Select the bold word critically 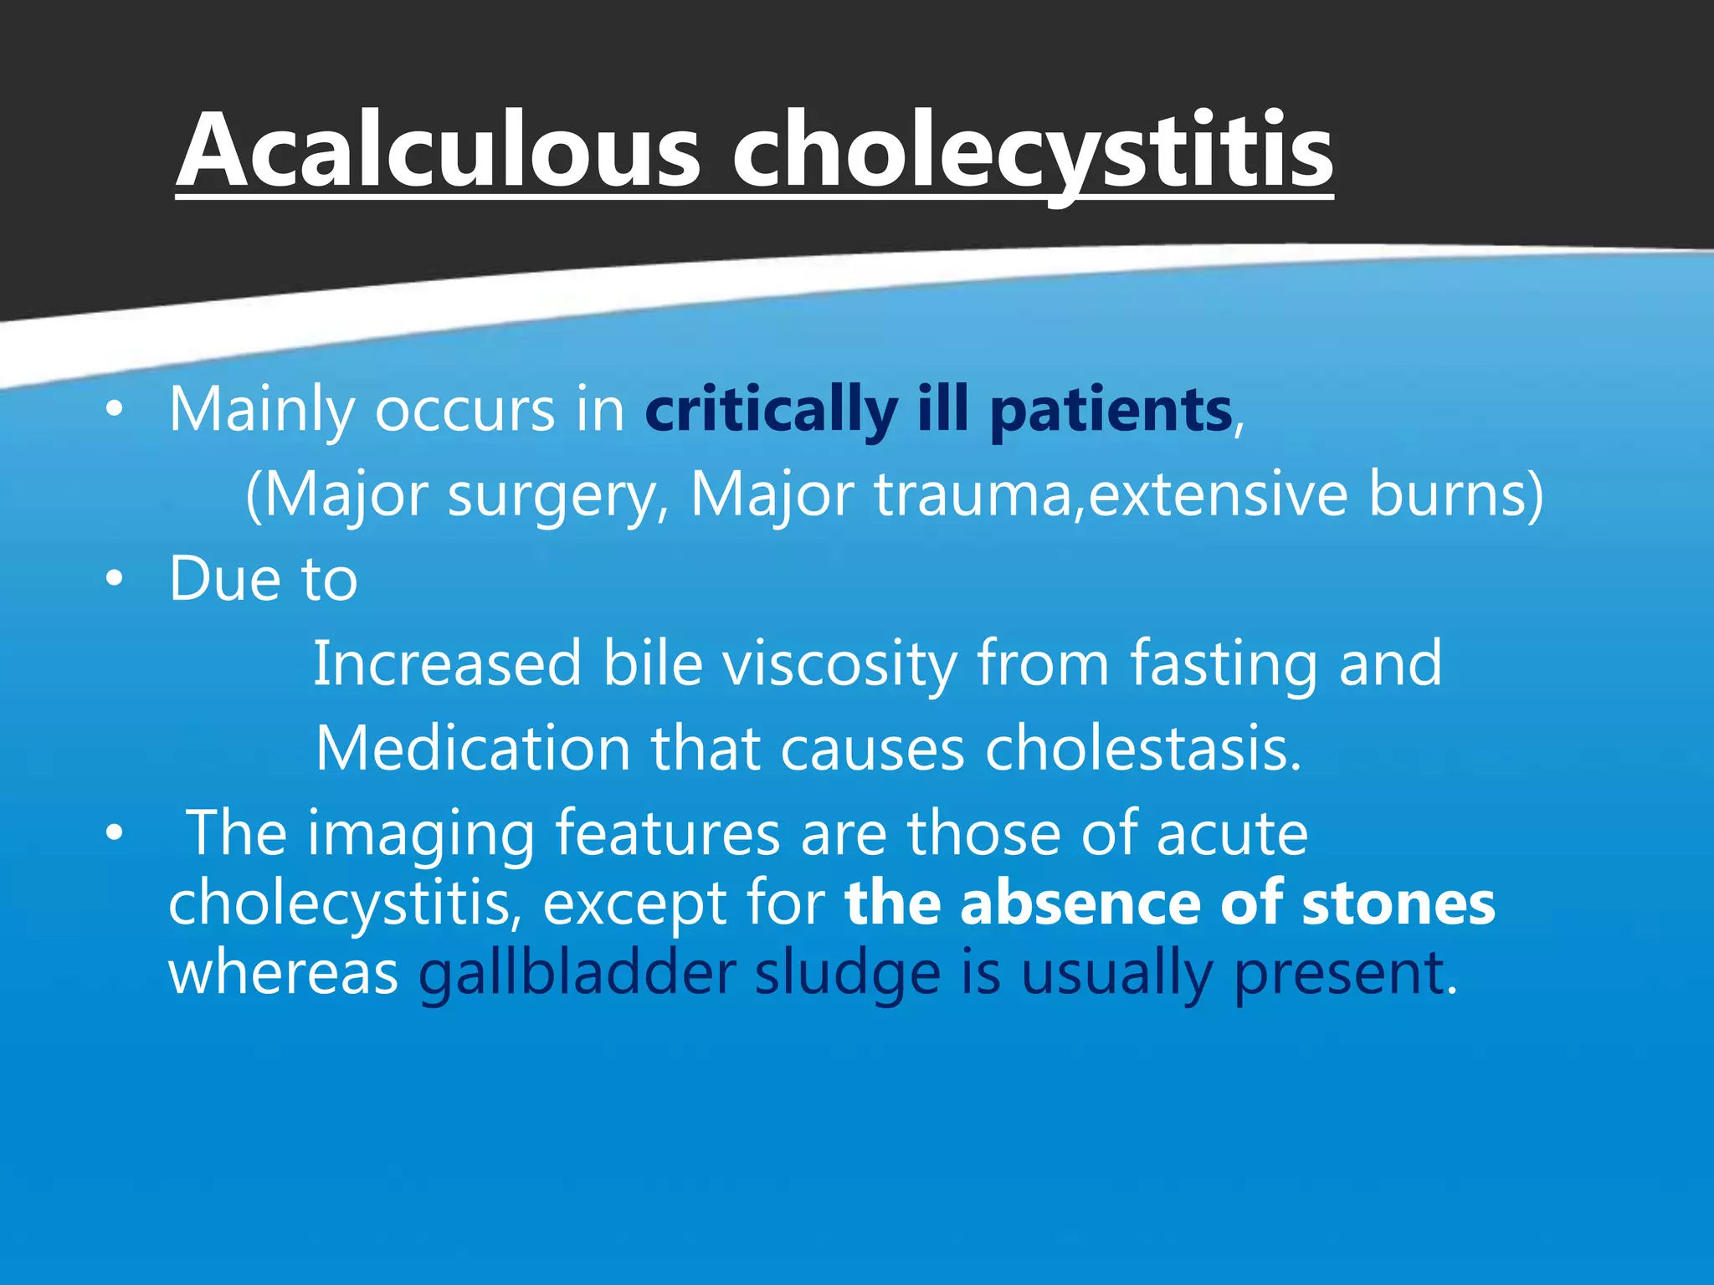pos(770,411)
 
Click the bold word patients pos(1111,411)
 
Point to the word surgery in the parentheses pos(552,495)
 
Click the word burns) pos(1455,495)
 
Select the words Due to pos(263,579)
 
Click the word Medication pos(473,749)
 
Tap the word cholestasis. pos(1142,749)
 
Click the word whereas pos(283,973)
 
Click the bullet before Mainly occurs pos(115,410)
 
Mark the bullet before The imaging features pos(115,833)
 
